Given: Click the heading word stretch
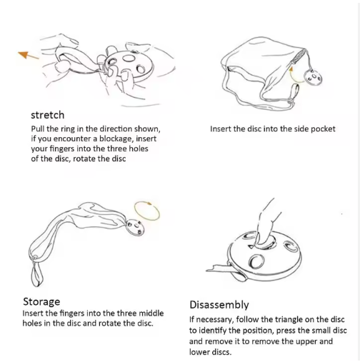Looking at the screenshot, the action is point(48,115).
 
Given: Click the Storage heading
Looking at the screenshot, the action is point(41,302).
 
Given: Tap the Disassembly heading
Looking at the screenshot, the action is point(219,305).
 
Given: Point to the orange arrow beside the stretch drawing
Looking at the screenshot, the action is point(28,55).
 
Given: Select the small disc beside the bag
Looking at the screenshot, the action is point(313,77).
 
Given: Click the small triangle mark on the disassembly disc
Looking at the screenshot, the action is point(251,246).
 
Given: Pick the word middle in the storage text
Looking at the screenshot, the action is point(151,313).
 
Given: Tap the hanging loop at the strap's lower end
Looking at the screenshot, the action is point(37,273).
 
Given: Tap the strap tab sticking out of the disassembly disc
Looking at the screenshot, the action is point(218,268).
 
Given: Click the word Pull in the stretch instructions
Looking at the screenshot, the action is point(38,129).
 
